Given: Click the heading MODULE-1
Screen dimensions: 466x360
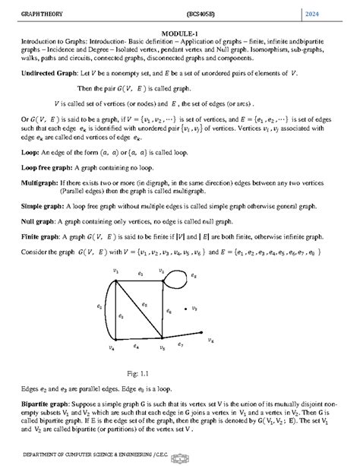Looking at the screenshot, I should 179,31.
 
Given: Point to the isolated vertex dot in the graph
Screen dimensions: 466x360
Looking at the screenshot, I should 187,309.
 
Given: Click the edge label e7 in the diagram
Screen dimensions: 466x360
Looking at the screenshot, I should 180,344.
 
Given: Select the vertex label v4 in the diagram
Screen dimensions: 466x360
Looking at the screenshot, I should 112,348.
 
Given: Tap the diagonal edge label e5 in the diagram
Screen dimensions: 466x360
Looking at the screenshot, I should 144,303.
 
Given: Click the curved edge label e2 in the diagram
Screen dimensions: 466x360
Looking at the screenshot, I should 99,307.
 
